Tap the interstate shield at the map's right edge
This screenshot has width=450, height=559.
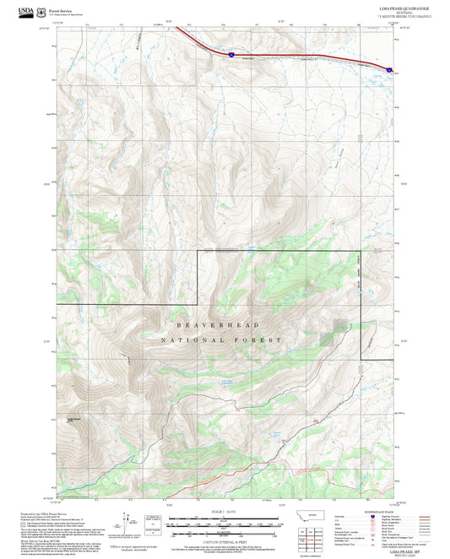click(389, 71)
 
